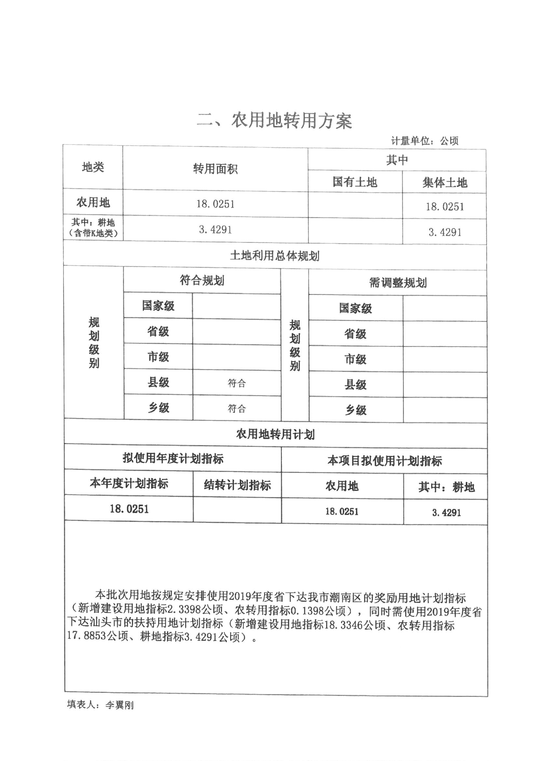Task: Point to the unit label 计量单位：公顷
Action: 424,141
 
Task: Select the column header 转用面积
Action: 215,169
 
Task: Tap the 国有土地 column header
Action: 355,182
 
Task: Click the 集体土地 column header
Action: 444,183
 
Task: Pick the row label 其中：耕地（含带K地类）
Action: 93,228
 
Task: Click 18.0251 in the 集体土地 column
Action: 445,207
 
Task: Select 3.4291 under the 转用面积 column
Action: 215,229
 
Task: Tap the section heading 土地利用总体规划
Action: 274,256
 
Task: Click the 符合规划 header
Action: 202,281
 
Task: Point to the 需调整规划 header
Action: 397,283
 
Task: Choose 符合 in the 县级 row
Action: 236,383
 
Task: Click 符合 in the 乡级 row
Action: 236,409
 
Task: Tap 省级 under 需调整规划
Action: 355,334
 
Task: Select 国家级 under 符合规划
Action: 158,306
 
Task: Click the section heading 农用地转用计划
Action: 275,434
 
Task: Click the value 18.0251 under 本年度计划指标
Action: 129,509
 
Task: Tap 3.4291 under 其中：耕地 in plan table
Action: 446,513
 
